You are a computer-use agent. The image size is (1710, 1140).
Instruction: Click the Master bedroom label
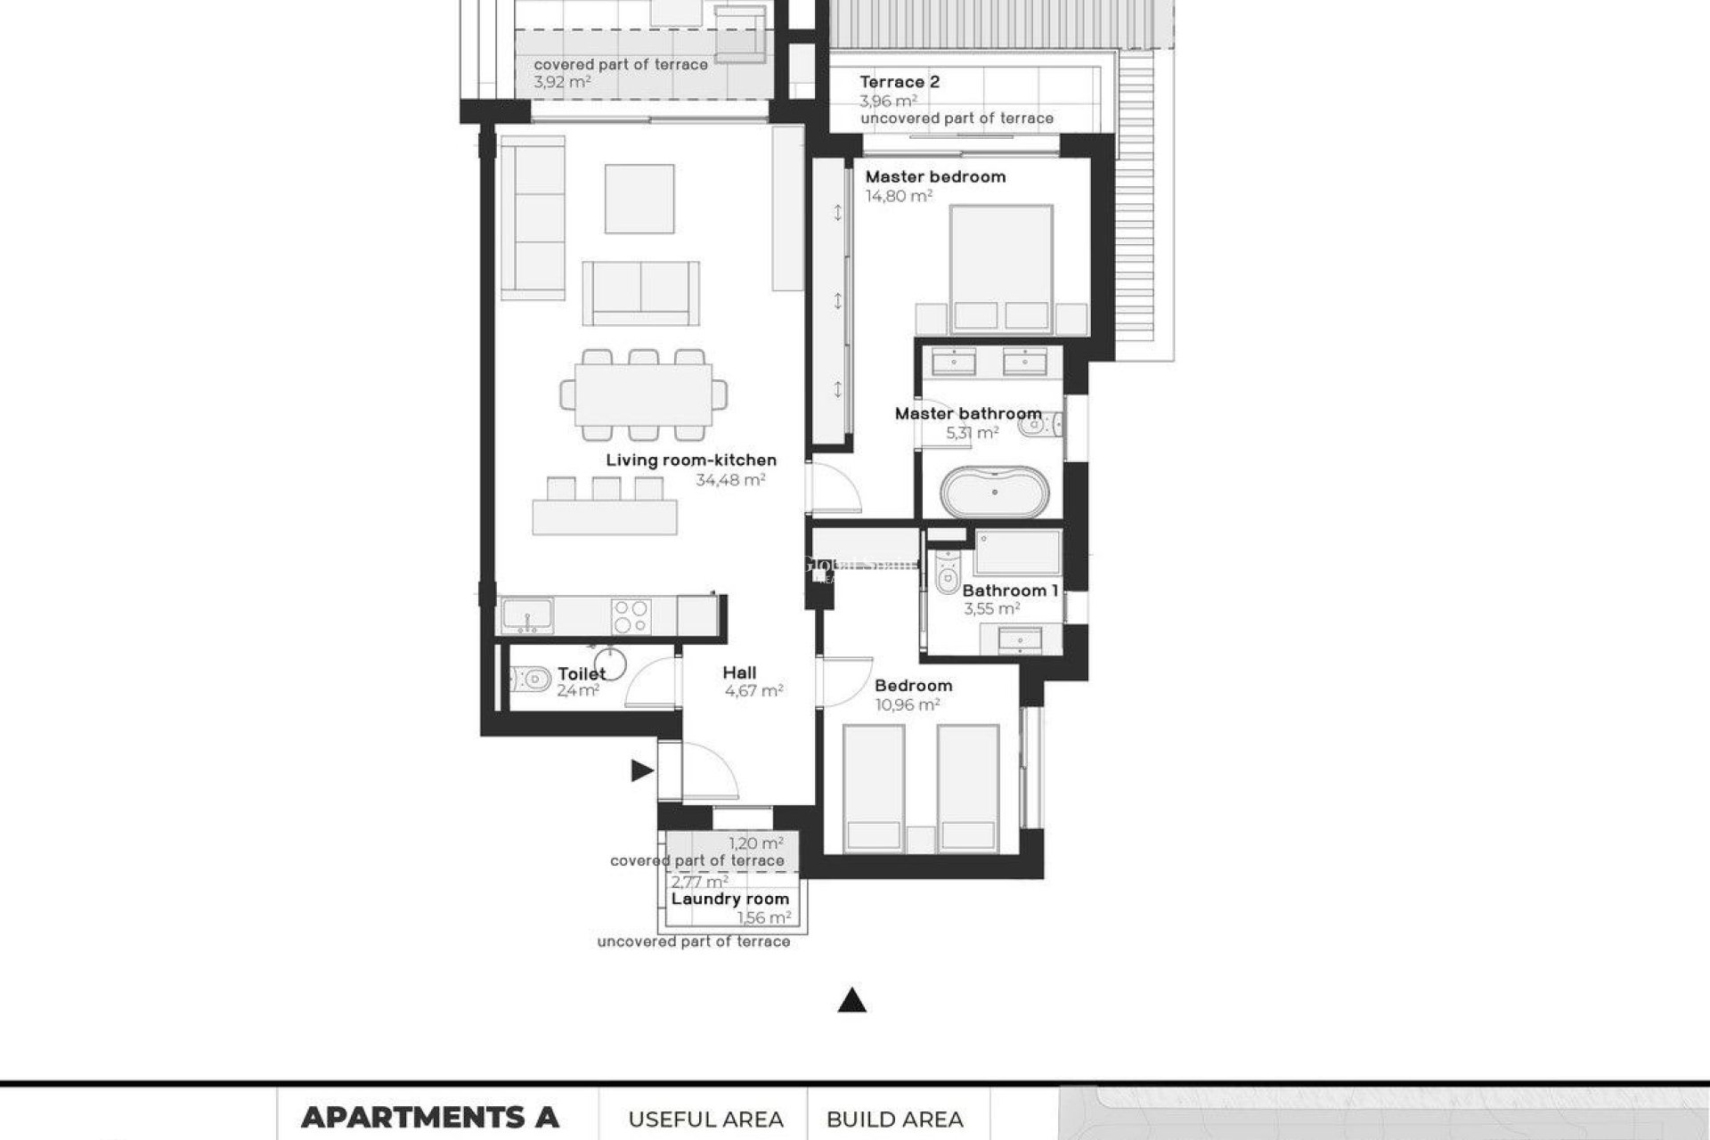click(x=935, y=177)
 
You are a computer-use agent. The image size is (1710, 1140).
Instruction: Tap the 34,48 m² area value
click(x=730, y=480)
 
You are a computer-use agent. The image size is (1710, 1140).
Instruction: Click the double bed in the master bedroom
click(x=1002, y=267)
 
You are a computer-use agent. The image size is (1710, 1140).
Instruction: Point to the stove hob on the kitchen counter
click(x=631, y=616)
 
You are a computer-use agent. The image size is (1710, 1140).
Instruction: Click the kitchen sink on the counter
click(x=526, y=616)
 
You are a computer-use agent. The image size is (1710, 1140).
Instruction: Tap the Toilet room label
click(x=582, y=674)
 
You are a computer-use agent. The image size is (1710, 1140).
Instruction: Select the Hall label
click(x=739, y=673)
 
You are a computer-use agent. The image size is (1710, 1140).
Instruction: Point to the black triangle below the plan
click(x=852, y=1003)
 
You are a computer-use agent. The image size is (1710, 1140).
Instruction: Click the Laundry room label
click(x=730, y=900)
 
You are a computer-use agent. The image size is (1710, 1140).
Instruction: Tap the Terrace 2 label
click(x=900, y=82)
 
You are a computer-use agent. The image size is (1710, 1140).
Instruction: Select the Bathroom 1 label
click(x=1010, y=591)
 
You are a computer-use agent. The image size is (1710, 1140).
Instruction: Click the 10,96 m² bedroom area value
click(x=908, y=705)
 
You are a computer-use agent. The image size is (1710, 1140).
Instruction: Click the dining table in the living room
click(x=643, y=395)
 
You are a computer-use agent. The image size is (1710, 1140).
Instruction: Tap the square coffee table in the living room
click(x=639, y=199)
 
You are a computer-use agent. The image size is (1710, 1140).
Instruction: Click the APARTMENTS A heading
click(x=430, y=1117)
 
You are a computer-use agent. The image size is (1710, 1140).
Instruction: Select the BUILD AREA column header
click(x=895, y=1120)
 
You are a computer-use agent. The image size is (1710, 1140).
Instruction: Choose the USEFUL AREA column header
click(x=705, y=1120)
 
